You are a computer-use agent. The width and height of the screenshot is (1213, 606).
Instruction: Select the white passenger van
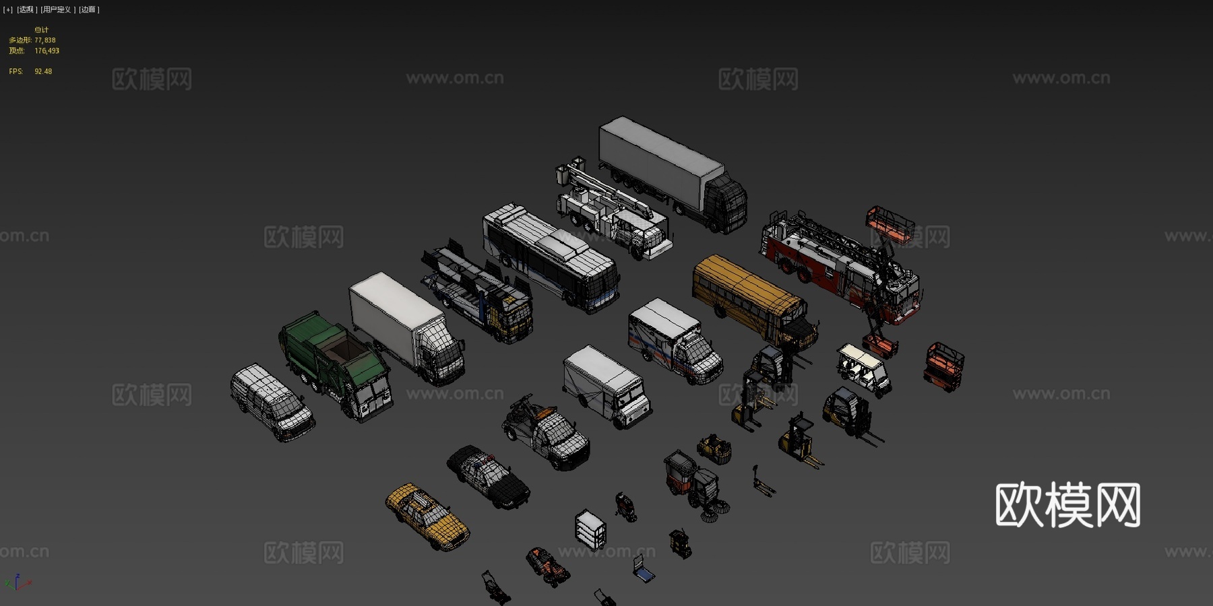[272, 401]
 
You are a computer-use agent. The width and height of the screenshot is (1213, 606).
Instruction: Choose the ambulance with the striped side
[674, 340]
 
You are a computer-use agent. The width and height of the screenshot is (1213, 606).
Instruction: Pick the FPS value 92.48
[43, 71]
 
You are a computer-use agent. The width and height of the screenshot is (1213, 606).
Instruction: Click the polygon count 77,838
[45, 40]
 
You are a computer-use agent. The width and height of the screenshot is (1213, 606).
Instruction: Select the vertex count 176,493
[46, 51]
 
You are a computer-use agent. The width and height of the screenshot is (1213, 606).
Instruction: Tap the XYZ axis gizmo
[18, 582]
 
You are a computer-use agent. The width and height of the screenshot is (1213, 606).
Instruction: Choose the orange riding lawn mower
[547, 566]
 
